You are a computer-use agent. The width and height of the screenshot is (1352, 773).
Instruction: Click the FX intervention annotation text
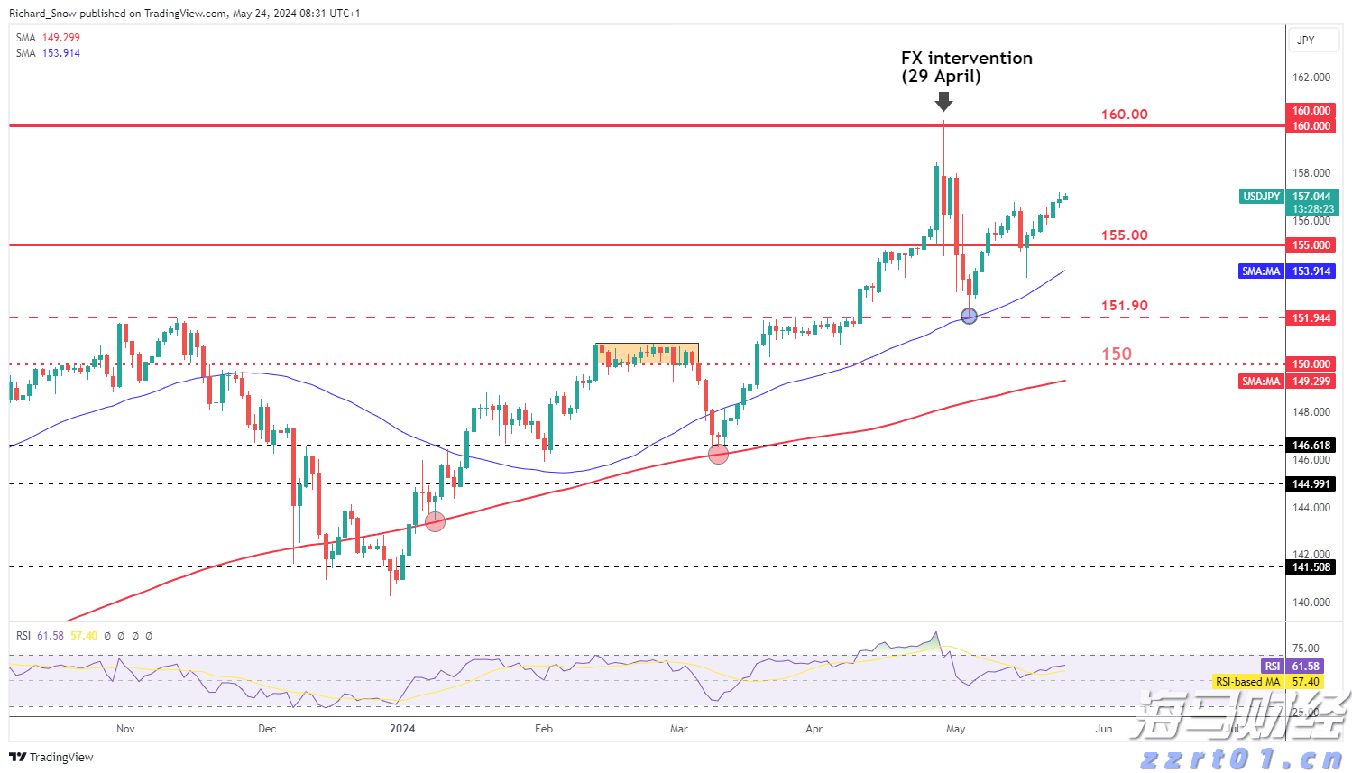966,67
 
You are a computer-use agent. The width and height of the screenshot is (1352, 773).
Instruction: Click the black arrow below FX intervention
943,101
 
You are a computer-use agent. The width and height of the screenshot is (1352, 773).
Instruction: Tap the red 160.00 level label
1124,115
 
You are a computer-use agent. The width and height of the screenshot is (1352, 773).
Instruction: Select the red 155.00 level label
1124,235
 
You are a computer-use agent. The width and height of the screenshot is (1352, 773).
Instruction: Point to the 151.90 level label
1124,306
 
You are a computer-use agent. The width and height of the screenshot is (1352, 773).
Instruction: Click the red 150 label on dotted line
1117,354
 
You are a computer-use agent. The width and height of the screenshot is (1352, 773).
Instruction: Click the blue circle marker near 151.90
970,316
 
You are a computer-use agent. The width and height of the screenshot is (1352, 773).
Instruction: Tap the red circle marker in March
718,455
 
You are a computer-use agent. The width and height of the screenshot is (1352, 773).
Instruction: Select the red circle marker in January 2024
435,521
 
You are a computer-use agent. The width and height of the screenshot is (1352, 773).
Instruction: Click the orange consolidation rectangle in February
647,354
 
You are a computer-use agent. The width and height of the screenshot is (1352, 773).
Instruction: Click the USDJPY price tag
1262,197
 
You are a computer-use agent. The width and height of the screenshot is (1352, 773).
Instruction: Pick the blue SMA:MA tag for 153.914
1261,271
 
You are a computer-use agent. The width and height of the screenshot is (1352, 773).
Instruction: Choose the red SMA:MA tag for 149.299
1261,382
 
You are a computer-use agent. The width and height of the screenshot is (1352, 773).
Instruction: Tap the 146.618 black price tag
1311,446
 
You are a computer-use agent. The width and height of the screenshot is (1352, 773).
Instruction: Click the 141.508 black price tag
1311,567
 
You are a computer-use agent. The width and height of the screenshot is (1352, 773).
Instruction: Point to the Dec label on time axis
267,729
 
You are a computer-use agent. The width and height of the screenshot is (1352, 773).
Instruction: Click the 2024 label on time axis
402,729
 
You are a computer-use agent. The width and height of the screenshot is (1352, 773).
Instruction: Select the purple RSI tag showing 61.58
1272,667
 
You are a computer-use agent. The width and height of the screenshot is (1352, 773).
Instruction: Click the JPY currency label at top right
1305,41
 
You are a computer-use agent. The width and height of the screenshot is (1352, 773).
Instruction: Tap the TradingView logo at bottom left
52,758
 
